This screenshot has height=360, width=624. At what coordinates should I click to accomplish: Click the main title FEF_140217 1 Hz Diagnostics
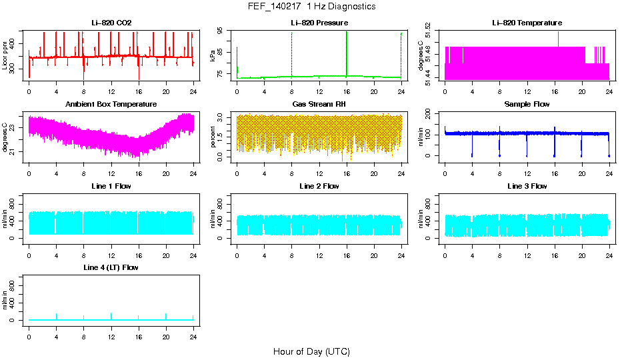[x=311, y=7]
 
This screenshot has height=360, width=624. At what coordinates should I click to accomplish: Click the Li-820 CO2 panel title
[x=111, y=23]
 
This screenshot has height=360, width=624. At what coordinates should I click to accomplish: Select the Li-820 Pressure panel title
[x=319, y=23]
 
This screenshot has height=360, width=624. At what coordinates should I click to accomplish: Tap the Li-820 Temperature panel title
[x=527, y=23]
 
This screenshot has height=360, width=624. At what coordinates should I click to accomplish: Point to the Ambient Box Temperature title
[x=111, y=105]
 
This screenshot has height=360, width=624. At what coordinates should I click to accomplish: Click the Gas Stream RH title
[x=319, y=105]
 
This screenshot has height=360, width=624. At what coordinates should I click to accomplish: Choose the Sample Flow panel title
[x=527, y=105]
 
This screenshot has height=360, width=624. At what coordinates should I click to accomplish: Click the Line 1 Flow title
[x=111, y=186]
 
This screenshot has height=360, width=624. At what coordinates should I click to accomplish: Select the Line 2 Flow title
[x=319, y=186]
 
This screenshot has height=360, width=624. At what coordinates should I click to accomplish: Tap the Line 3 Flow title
[x=527, y=186]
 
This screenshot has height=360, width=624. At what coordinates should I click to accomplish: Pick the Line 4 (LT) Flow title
[x=111, y=267]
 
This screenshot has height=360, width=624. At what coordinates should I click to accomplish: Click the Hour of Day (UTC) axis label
[x=311, y=351]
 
